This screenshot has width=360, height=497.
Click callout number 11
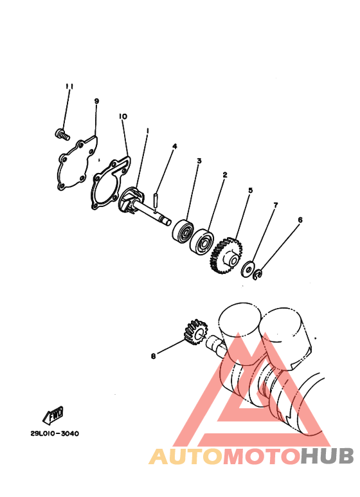[69, 86]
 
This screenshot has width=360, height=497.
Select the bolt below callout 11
[62, 134]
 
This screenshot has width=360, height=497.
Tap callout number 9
[96, 101]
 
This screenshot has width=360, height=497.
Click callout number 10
[123, 116]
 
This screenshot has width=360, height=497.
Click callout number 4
[175, 146]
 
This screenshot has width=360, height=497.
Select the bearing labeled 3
[183, 231]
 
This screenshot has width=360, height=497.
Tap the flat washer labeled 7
[248, 269]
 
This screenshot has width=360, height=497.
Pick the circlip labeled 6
[258, 275]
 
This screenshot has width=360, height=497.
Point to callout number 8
[154, 356]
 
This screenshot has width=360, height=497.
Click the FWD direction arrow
[53, 415]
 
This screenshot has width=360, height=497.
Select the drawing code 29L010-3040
[55, 433]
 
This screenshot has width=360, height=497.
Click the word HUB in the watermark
[327, 456]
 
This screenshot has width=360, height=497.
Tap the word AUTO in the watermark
[186, 456]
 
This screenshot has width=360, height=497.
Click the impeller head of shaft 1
[132, 201]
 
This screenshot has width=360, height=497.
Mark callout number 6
[300, 220]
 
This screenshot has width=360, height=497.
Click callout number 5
[250, 190]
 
